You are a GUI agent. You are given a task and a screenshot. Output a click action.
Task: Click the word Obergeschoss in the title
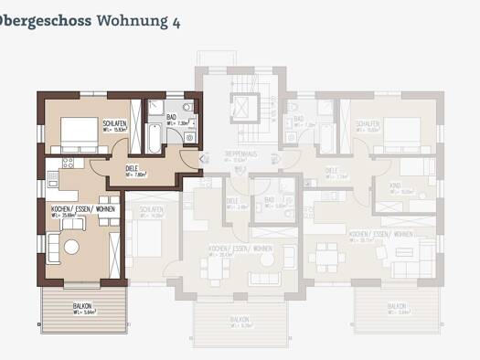tap(45, 20)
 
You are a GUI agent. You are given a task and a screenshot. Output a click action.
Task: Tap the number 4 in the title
tap(175, 20)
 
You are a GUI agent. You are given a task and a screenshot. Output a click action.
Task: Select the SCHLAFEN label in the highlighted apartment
tap(114, 123)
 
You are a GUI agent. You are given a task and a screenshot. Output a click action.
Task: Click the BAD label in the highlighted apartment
tap(172, 117)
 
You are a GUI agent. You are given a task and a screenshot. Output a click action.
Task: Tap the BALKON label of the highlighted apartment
tap(81, 306)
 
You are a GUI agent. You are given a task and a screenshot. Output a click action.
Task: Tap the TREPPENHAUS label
tap(240, 154)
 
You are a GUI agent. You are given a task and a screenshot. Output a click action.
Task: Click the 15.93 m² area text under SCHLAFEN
tap(113, 130)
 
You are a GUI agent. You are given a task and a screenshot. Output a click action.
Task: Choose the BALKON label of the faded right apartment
tap(396, 306)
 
